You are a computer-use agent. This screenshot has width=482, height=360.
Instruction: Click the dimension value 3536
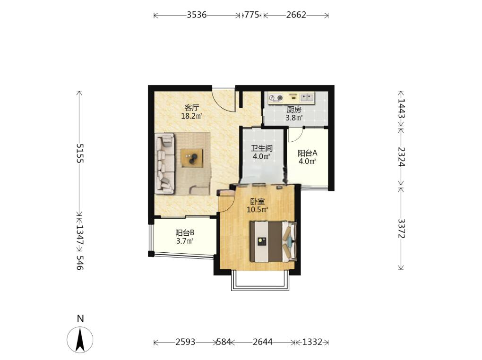(197, 15)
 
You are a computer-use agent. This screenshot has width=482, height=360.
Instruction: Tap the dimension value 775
(252, 15)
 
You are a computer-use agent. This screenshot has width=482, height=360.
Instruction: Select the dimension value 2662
(296, 15)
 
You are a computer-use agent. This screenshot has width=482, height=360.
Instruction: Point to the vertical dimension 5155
(80, 153)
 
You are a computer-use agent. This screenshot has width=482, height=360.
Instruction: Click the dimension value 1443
(401, 108)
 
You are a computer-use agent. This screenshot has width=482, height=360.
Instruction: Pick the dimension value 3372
(401, 228)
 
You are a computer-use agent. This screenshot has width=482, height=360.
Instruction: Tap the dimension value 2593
(185, 342)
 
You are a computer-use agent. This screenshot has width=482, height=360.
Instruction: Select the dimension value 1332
(312, 342)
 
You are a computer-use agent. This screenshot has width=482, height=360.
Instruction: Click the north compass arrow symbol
(80, 339)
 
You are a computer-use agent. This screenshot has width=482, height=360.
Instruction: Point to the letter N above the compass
(80, 318)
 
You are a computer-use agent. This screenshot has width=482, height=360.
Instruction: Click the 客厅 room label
(192, 108)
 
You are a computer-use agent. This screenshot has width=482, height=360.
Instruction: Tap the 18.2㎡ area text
(192, 116)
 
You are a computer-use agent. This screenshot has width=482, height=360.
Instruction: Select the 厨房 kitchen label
(294, 110)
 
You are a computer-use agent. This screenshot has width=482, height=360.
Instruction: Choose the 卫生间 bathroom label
(262, 148)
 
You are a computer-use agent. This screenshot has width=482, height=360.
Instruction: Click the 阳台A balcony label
(308, 153)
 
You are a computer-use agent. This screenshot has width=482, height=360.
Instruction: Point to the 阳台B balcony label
(185, 233)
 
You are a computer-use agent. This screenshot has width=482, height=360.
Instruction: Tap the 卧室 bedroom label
(258, 202)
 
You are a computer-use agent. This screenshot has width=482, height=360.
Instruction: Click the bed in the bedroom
(273, 241)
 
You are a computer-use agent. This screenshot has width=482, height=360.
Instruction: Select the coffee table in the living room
(192, 158)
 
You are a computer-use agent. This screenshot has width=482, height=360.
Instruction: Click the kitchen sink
(307, 97)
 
